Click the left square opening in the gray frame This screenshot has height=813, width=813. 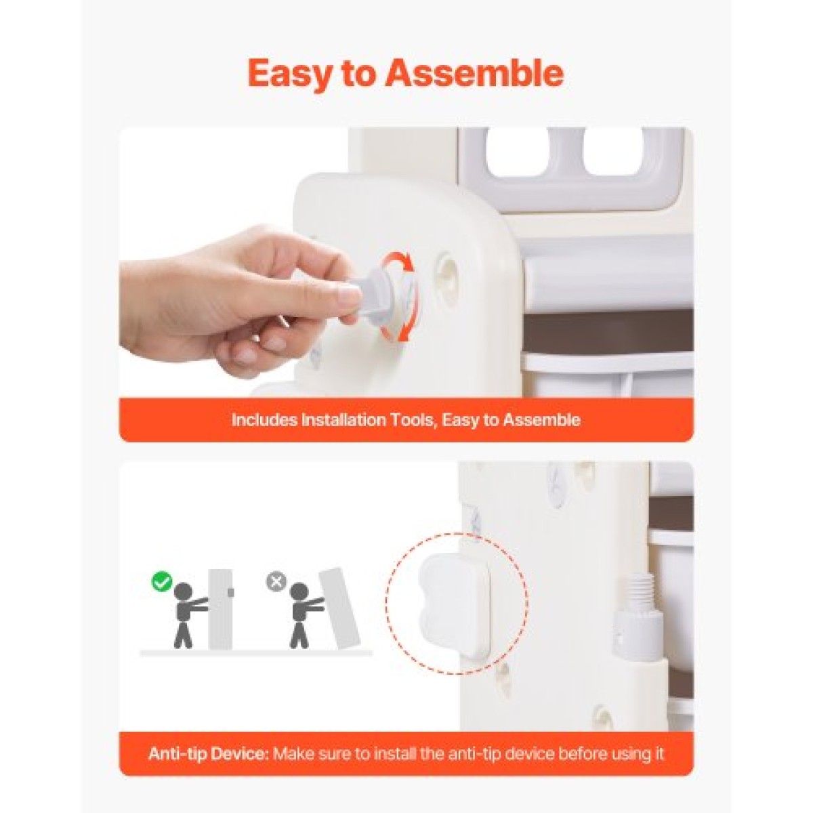pyautogui.click(x=523, y=152)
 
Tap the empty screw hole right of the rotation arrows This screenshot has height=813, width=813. pyautogui.click(x=448, y=267)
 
